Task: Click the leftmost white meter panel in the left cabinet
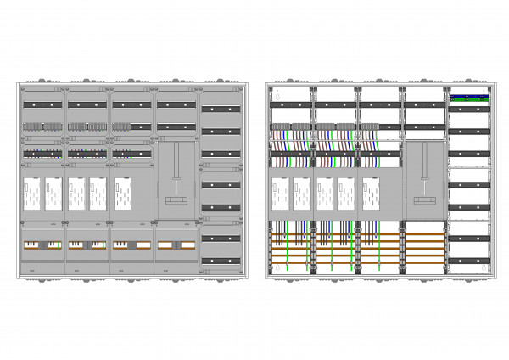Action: tap(31, 194)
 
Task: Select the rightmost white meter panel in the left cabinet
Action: tap(124, 194)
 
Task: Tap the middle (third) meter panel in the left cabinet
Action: tap(77, 194)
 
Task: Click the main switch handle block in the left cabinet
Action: tap(176, 200)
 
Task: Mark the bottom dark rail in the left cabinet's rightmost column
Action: tap(223, 259)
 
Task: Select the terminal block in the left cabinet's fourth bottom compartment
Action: tap(176, 245)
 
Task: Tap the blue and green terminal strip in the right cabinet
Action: tap(469, 98)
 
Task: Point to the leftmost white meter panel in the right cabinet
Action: tap(279, 194)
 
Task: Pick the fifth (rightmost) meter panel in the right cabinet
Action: tap(372, 194)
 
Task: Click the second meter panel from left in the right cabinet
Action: tap(302, 194)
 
